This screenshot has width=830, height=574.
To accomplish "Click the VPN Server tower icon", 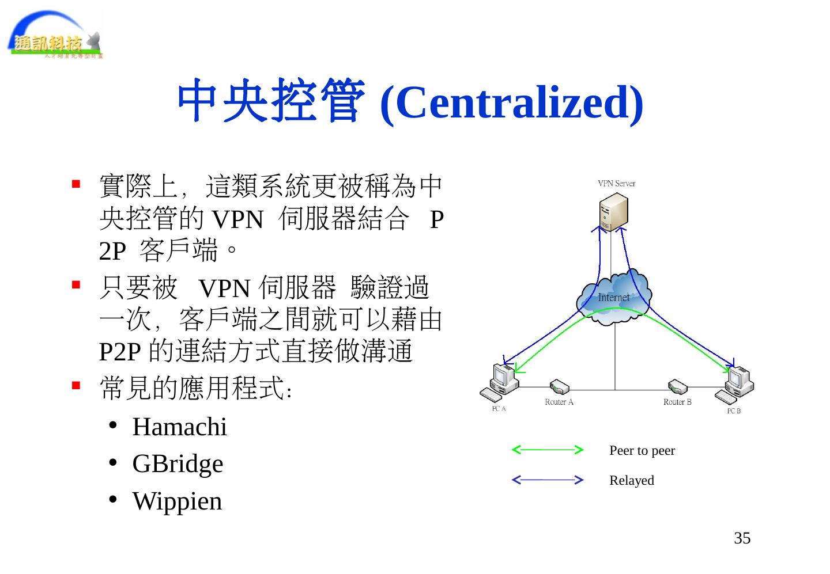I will (613, 211).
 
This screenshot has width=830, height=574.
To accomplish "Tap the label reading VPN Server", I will (616, 184).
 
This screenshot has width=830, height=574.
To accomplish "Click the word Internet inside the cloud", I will (613, 298).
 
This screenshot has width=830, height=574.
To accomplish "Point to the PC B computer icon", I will (735, 384).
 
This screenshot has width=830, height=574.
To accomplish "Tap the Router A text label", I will (559, 402).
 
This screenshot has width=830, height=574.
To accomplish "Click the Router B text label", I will (677, 402).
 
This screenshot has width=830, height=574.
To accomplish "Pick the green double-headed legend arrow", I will (548, 450).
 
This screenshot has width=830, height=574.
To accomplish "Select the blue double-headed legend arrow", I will (548, 480).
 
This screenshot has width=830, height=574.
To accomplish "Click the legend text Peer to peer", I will (642, 451).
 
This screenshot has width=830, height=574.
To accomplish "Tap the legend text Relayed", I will (632, 481).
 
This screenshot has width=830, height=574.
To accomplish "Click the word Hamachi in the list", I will (179, 427).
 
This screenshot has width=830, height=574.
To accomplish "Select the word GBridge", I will (178, 464).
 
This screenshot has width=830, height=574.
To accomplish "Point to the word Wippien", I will (177, 501).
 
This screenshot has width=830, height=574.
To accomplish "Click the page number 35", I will (742, 538).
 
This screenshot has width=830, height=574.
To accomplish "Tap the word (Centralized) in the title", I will (512, 102).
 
